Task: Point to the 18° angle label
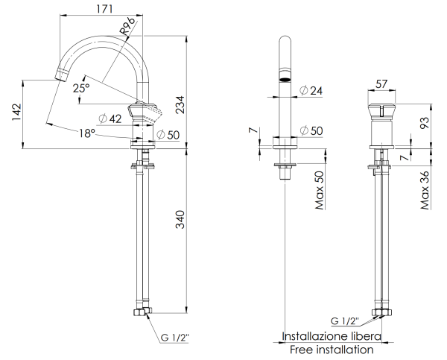click(87, 133)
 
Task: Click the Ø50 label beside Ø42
click(168, 133)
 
